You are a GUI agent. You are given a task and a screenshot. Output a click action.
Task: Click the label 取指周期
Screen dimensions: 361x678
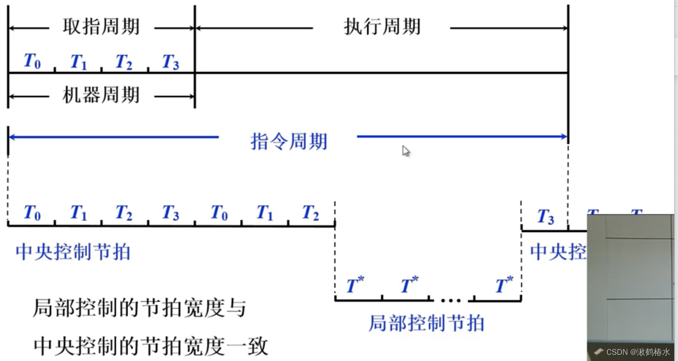tap(101, 27)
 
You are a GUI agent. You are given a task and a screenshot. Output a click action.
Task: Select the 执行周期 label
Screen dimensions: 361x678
tap(382, 27)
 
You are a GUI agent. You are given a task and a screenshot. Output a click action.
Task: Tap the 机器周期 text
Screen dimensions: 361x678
tap(101, 95)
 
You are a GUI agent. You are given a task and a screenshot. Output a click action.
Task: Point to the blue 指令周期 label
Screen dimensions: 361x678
tap(289, 141)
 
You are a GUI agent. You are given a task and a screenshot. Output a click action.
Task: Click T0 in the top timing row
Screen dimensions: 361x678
tap(32, 61)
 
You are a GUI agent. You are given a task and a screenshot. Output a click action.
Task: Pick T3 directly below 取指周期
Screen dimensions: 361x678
tap(170, 62)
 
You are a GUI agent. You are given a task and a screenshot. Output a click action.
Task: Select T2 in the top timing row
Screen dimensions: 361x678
tap(124, 62)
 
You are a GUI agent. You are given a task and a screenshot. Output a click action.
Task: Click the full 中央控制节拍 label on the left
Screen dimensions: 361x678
tap(73, 252)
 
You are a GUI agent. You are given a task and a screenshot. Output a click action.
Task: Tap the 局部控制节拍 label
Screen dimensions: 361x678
tap(426, 323)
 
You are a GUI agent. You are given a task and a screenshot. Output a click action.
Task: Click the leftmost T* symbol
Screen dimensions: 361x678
tap(355, 285)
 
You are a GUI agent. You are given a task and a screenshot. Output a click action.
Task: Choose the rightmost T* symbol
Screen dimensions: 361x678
tap(504, 285)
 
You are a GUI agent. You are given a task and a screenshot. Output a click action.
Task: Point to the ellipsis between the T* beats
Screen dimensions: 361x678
tap(451, 300)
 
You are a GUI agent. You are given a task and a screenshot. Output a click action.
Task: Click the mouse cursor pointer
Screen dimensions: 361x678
tap(406, 150)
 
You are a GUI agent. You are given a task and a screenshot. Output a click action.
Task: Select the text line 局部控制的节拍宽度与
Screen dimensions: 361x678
tap(139, 309)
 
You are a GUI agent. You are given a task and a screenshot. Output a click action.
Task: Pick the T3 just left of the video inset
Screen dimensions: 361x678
tap(545, 217)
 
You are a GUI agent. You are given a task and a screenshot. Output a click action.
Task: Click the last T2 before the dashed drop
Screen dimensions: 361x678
tap(311, 212)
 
